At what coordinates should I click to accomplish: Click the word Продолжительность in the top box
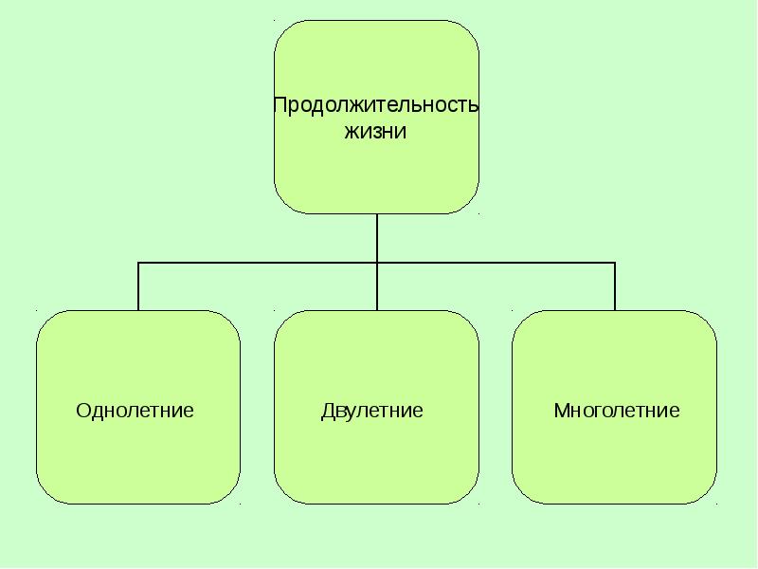point(376,105)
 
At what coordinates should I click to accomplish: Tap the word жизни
point(375,132)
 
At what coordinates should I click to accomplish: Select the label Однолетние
point(135,411)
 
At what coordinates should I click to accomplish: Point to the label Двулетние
point(372,411)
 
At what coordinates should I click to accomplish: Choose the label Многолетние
point(617,411)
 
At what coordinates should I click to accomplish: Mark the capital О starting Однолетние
point(81,411)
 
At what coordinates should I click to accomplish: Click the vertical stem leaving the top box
point(377,237)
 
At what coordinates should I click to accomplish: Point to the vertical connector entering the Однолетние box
point(139,286)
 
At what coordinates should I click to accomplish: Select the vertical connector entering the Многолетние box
point(615,286)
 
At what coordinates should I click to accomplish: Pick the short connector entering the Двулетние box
point(377,286)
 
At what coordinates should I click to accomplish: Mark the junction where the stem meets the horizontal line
point(377,262)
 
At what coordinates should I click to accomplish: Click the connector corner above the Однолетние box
point(139,262)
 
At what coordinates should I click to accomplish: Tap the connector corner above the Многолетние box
point(615,262)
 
